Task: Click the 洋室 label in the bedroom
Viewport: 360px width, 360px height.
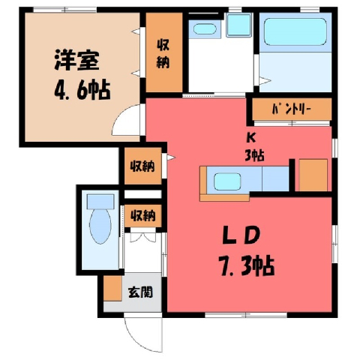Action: [x=76, y=60]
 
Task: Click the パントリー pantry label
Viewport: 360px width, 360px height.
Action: [x=292, y=109]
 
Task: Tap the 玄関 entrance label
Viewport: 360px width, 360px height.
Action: [x=140, y=292]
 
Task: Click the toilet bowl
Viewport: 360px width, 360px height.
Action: [x=100, y=226]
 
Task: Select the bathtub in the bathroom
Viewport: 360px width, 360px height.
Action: [x=295, y=31]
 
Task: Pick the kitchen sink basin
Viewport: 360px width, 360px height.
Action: [x=227, y=181]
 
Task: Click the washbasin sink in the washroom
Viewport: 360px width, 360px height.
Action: [x=205, y=29]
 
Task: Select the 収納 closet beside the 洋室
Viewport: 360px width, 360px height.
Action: [x=164, y=52]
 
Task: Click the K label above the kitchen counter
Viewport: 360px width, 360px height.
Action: [x=250, y=139]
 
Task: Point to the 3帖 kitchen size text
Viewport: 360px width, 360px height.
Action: [x=254, y=156]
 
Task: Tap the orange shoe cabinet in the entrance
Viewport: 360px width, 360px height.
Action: [x=112, y=289]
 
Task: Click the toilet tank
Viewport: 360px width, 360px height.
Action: [x=100, y=202]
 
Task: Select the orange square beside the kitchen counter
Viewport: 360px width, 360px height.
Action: [x=313, y=175]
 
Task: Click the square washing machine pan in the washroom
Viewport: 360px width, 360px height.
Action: [x=238, y=25]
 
